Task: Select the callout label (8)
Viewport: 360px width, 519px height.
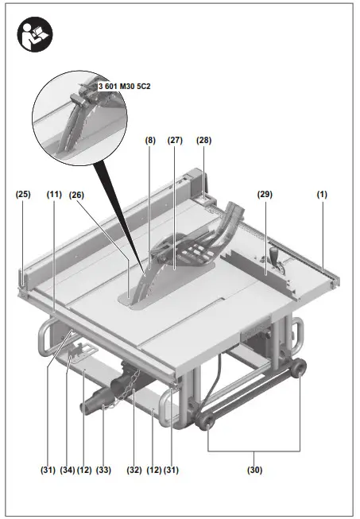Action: click(150, 140)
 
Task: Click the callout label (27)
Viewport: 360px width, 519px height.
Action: click(176, 140)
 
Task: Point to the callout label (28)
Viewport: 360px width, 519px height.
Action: click(204, 140)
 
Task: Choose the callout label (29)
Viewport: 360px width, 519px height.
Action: click(265, 193)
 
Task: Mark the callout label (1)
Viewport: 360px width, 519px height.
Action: click(322, 193)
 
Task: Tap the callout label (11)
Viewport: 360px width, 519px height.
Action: click(54, 193)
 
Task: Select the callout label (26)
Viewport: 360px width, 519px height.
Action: click(78, 193)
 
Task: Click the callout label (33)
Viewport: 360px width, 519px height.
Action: click(104, 470)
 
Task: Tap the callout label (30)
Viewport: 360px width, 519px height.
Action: click(254, 470)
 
